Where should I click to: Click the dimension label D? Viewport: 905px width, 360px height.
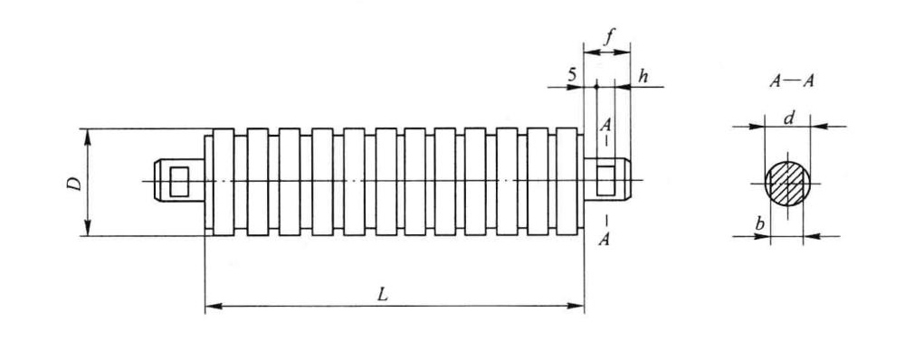pos(74,184)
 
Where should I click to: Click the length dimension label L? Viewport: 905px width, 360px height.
pos(382,294)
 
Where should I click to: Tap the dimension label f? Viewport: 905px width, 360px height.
pos(608,38)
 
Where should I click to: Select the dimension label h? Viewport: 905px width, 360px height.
pos(643,76)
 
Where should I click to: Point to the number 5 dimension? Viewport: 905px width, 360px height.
pos(572,75)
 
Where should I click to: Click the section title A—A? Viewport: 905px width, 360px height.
pos(791,81)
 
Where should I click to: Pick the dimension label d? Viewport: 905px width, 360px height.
pos(789,118)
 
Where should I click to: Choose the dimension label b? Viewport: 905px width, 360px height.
pos(760,223)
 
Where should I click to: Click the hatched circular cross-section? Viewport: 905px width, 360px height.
pos(787,183)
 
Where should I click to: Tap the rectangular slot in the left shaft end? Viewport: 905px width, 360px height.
pos(179,181)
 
